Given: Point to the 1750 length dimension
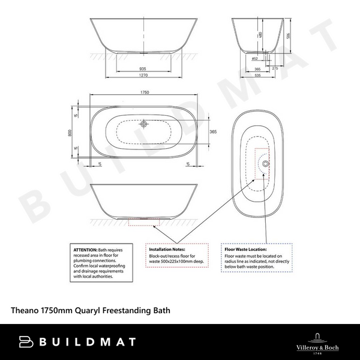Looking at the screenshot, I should click(145, 92).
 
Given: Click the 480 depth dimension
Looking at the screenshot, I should click(260, 35).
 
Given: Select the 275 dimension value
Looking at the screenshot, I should click(275, 69).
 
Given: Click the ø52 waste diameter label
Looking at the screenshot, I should click(254, 59).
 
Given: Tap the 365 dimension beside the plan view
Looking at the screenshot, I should click(213, 131).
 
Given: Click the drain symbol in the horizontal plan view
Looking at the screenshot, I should click(144, 124).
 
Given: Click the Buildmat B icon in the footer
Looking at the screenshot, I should click(25, 342).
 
